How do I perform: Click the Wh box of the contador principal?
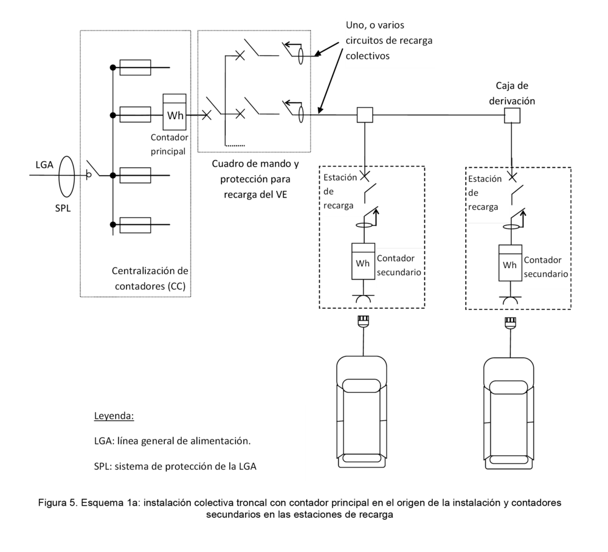click(x=174, y=112)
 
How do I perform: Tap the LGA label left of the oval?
click(x=44, y=165)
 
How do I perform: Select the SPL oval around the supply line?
click(x=66, y=176)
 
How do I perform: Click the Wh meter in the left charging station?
click(x=364, y=261)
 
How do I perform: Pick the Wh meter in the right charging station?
click(x=510, y=263)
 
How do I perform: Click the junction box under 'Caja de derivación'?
click(x=512, y=116)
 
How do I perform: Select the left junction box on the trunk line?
click(x=365, y=115)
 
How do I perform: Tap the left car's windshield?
click(x=361, y=386)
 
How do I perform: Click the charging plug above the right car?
click(x=510, y=323)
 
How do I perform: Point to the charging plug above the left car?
click(x=363, y=322)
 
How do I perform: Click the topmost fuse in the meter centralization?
click(x=136, y=67)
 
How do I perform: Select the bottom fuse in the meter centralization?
click(x=136, y=225)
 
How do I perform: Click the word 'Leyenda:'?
click(x=114, y=416)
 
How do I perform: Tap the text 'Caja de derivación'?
click(x=512, y=93)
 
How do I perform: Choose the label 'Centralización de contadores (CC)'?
click(x=150, y=278)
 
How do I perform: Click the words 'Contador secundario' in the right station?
click(x=546, y=267)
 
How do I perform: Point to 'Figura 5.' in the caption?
click(x=58, y=503)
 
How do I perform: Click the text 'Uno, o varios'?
click(x=375, y=25)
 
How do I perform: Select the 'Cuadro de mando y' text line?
click(x=255, y=164)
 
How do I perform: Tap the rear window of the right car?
click(x=509, y=460)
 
